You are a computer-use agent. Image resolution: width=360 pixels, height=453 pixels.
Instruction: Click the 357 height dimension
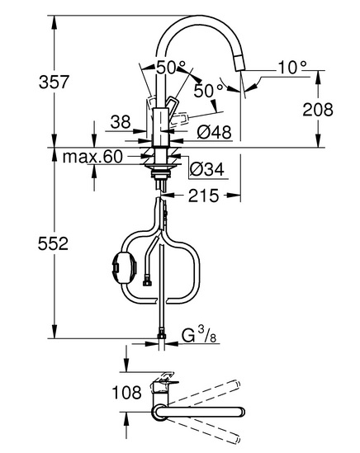(x=54, y=82)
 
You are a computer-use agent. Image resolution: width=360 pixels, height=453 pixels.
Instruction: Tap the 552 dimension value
(x=53, y=243)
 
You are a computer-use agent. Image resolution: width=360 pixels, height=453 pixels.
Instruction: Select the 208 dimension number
(x=318, y=110)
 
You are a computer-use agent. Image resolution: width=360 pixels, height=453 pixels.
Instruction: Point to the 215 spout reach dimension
(x=204, y=196)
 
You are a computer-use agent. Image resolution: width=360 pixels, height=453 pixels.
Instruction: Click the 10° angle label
(x=292, y=68)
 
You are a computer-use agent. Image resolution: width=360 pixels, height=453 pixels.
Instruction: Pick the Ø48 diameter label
(x=214, y=133)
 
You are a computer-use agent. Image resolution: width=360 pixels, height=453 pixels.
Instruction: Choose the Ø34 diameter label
(x=207, y=169)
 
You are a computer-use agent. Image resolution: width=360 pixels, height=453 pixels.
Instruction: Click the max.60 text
(x=92, y=157)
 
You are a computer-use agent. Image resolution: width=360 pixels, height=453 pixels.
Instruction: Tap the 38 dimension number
(x=121, y=122)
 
